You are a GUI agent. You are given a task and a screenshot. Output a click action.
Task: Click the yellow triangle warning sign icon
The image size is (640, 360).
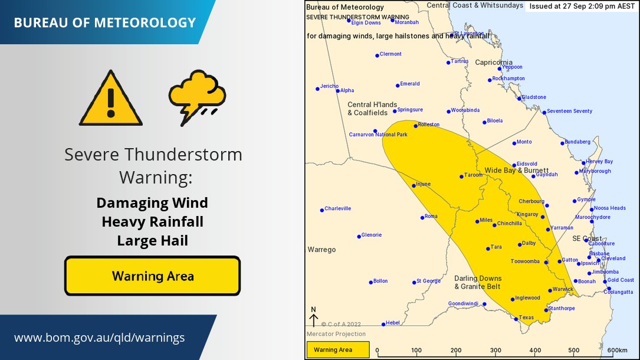[x=111, y=99]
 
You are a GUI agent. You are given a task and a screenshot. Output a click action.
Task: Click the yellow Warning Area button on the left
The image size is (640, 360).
[x=152, y=276]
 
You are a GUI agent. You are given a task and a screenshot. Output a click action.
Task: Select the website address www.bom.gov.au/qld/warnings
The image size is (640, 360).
[x=99, y=338]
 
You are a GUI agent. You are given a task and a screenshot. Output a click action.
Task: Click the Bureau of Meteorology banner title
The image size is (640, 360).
[x=104, y=23]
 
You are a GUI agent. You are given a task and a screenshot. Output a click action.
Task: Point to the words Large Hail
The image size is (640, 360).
[x=152, y=240]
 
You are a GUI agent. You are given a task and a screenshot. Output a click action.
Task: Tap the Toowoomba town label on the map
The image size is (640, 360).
[x=525, y=261]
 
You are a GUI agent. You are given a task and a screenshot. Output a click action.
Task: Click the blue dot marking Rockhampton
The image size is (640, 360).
[x=490, y=80]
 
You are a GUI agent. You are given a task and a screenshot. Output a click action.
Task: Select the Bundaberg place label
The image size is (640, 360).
[x=577, y=142]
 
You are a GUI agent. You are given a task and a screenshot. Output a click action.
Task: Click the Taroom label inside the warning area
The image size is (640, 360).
[x=473, y=175]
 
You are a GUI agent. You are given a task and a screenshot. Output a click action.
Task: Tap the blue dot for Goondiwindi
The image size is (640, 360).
[x=484, y=305]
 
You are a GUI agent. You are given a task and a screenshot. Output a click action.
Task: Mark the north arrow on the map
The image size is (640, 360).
[x=314, y=318]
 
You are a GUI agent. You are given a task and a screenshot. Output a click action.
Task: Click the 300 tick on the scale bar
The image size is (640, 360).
[x=495, y=350]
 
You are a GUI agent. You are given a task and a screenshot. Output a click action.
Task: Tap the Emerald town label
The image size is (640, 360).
[x=410, y=84]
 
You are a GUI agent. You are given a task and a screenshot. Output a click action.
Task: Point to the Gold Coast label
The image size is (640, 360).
[x=621, y=280]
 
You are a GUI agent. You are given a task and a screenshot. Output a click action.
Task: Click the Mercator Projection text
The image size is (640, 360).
[x=333, y=334]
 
